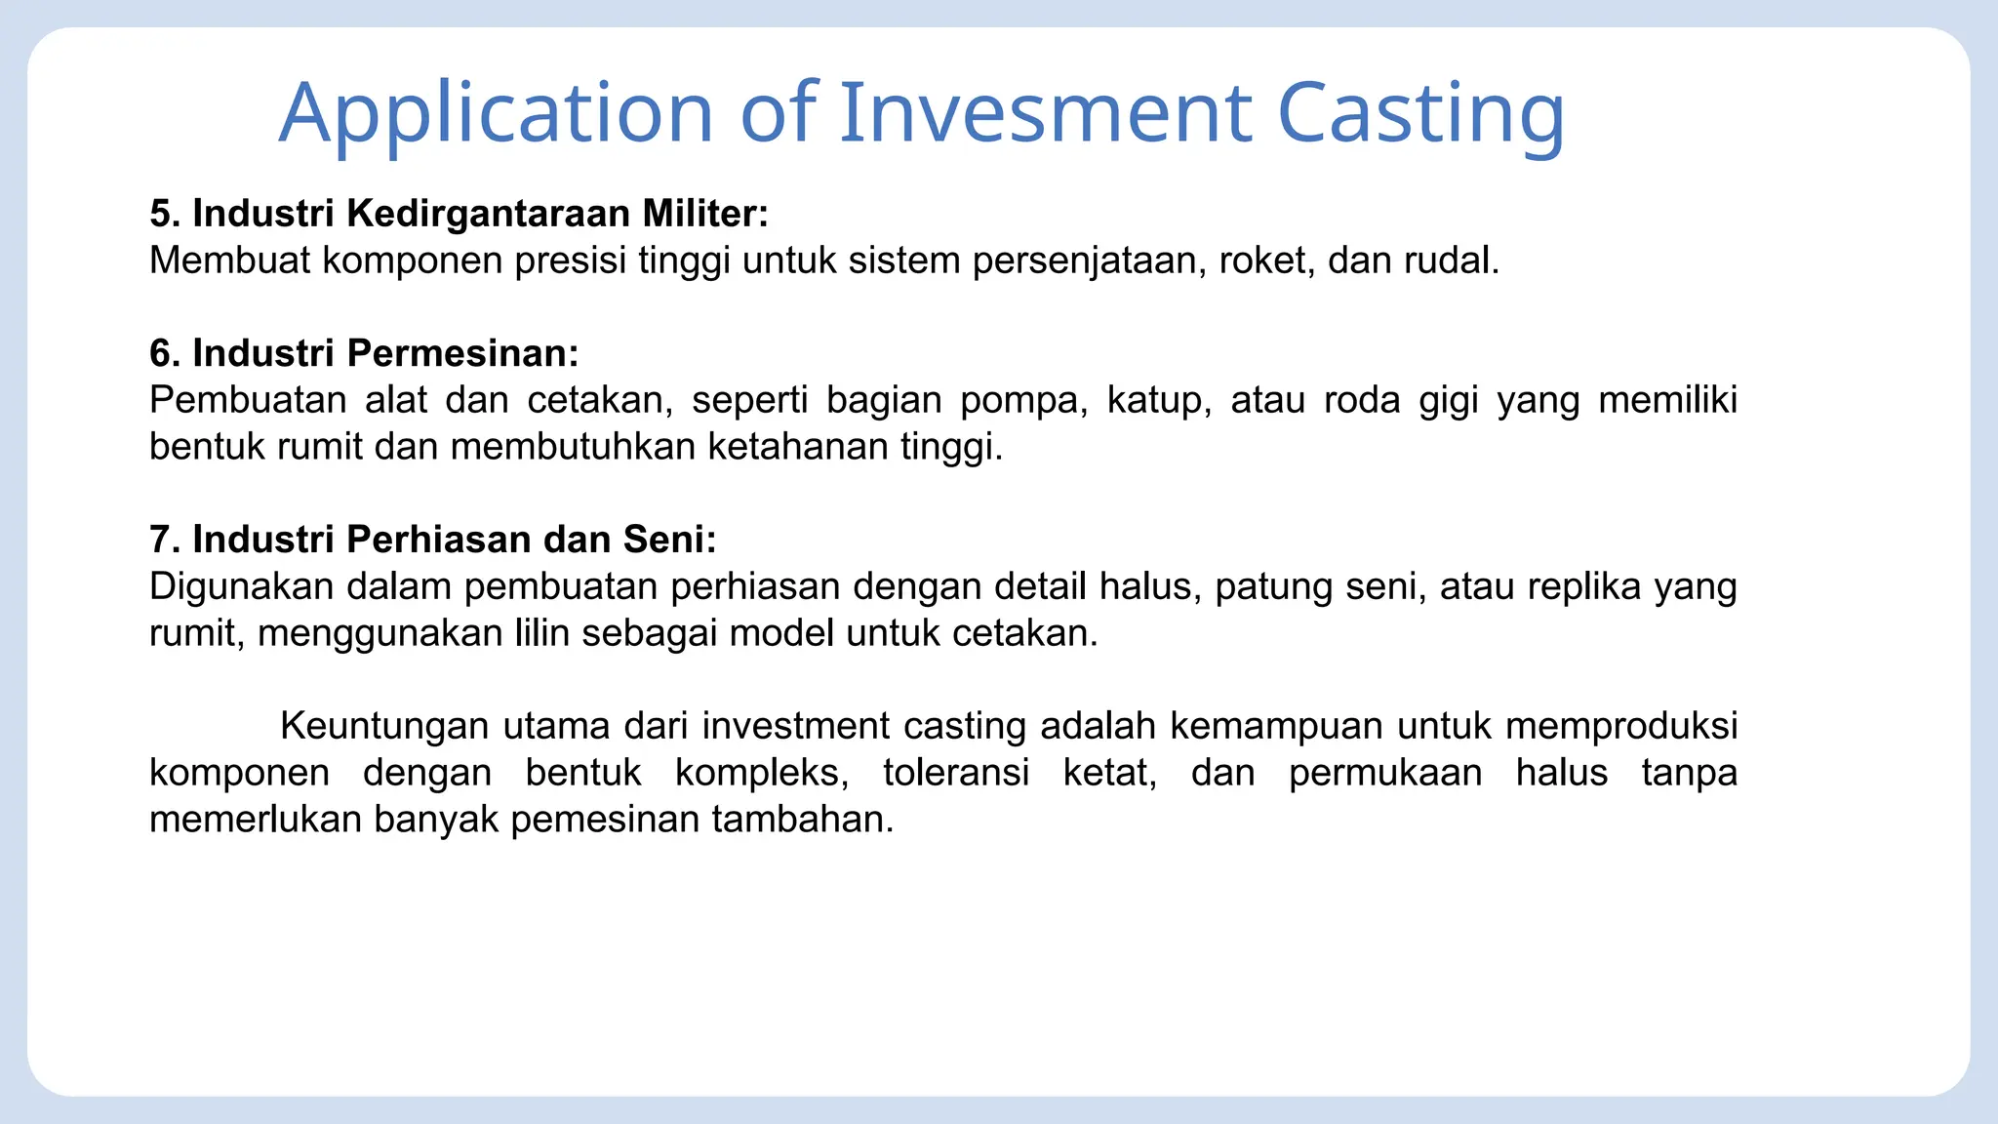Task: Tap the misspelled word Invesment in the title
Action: click(1045, 113)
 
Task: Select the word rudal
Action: click(1450, 261)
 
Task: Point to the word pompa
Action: click(1023, 401)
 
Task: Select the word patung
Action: click(1273, 587)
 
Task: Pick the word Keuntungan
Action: click(384, 726)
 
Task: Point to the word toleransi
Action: click(955, 773)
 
